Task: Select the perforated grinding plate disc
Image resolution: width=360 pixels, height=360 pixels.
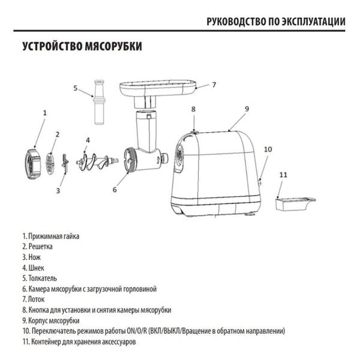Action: [50, 164]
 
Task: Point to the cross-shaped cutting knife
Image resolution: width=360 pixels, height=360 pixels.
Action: [65, 164]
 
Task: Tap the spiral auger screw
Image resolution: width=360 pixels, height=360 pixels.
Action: [97, 161]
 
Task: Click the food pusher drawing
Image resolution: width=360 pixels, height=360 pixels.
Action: [100, 102]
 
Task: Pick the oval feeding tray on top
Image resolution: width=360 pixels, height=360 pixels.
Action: [158, 88]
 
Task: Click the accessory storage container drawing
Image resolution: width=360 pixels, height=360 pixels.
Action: [295, 203]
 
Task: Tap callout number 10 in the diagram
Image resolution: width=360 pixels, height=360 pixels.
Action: [268, 149]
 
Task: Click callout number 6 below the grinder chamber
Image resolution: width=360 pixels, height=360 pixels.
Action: [115, 190]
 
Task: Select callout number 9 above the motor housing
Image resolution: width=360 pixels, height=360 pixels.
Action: [247, 109]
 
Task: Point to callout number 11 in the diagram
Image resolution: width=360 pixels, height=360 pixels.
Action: [283, 175]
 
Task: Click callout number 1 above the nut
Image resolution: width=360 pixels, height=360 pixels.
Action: [45, 113]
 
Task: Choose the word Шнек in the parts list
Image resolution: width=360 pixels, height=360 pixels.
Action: [36, 268]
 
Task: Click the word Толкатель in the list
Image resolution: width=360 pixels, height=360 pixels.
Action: [43, 278]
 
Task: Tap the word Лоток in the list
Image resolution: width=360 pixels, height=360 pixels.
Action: [36, 299]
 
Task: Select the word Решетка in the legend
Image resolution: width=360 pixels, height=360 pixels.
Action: [41, 247]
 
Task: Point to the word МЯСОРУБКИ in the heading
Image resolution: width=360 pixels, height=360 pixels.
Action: [113, 46]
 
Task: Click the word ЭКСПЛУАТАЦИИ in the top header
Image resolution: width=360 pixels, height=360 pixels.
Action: [313, 22]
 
